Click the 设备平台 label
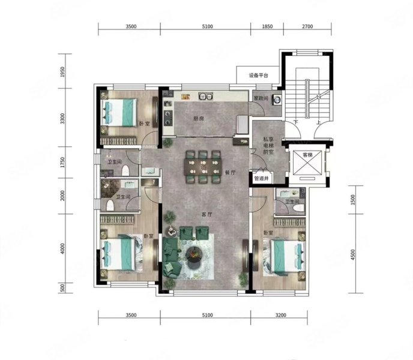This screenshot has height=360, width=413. click(262, 76)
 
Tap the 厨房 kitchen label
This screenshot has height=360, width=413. click(199, 119)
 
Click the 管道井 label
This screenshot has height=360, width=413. click(263, 178)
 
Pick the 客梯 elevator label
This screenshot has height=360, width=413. click(307, 155)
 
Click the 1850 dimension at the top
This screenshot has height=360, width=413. click(268, 26)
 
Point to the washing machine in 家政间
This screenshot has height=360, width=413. click(277, 100)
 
